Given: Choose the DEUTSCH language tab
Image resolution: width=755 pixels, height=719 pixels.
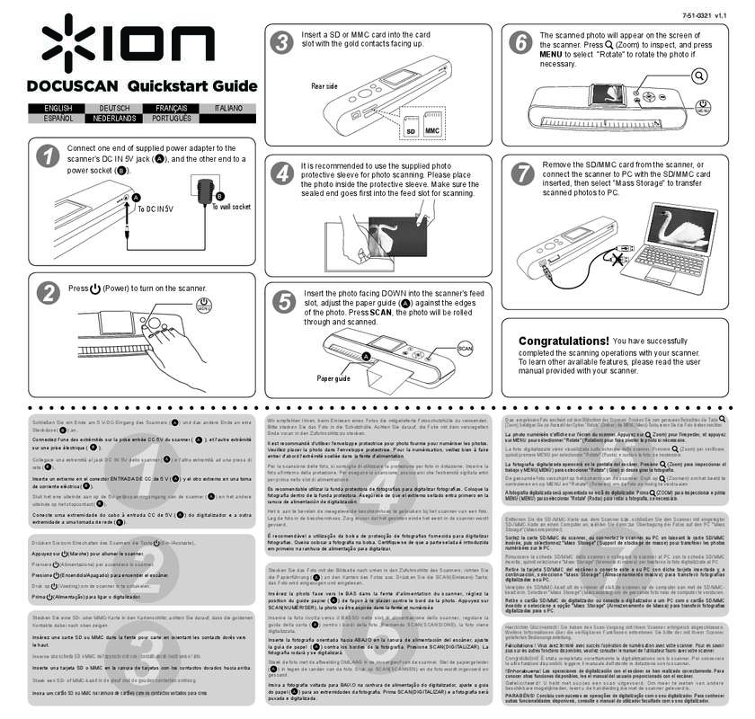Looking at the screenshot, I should pyautogui.click(x=108, y=108).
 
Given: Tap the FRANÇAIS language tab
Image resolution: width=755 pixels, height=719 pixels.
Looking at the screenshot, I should pyautogui.click(x=164, y=108).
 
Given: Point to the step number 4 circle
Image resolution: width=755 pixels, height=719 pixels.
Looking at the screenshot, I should pyautogui.click(x=282, y=173).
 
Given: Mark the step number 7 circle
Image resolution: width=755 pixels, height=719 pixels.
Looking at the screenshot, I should pyautogui.click(x=521, y=173).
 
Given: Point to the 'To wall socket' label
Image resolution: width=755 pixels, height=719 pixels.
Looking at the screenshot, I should pyautogui.click(x=230, y=207).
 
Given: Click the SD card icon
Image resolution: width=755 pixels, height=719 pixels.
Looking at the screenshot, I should pyautogui.click(x=411, y=130).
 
